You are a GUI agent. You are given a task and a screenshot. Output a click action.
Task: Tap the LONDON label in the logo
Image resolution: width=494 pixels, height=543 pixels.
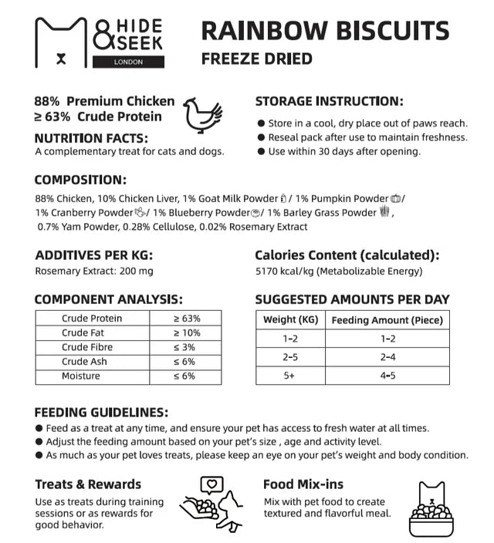click(127, 62)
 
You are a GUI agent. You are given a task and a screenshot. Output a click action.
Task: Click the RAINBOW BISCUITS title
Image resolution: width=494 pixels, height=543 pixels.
click(324, 31)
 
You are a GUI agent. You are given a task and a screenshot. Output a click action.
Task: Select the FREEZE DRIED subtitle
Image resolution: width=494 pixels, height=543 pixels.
click(256, 59)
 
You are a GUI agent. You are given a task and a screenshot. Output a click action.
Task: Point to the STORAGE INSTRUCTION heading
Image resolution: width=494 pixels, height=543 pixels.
click(329, 101)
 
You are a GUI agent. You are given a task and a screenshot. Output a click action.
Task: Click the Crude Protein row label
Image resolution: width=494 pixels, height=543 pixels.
click(92, 319)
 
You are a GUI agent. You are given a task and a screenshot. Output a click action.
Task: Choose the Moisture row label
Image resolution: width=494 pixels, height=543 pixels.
click(81, 376)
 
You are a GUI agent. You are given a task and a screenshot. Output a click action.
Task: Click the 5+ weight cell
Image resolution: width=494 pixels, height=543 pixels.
click(290, 376)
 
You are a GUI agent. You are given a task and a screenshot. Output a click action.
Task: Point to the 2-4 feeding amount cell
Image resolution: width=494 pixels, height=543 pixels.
click(387, 357)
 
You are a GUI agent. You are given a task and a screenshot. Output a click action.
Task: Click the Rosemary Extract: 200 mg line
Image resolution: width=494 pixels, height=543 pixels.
click(94, 271)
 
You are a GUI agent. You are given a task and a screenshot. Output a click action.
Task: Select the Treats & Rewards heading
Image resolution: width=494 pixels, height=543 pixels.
click(88, 484)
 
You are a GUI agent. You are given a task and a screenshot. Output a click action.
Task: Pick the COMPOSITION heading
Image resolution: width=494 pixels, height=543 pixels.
click(80, 180)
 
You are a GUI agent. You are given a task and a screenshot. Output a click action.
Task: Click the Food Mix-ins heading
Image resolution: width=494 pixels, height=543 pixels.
click(303, 484)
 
